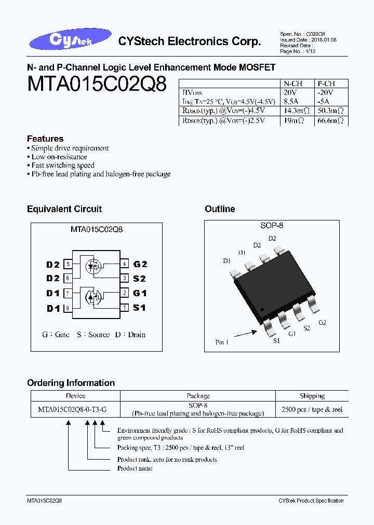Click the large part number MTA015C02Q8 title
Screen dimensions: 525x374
(x=97, y=84)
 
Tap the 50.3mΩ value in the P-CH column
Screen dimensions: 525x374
(x=330, y=111)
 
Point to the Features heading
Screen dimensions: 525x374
(x=45, y=139)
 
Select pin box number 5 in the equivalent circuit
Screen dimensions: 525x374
(x=67, y=265)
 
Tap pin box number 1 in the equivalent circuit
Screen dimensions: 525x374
(x=125, y=308)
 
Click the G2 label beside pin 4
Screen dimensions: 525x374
(x=140, y=265)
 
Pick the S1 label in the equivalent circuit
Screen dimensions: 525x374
(x=139, y=308)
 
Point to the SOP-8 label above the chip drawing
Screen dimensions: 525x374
(x=272, y=226)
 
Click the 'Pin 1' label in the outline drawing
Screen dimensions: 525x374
(x=222, y=342)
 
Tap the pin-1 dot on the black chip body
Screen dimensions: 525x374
(x=262, y=310)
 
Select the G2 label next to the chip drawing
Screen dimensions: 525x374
(x=323, y=323)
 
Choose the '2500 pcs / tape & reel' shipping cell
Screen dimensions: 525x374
(x=312, y=410)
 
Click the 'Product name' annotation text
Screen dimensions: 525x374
(x=135, y=468)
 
